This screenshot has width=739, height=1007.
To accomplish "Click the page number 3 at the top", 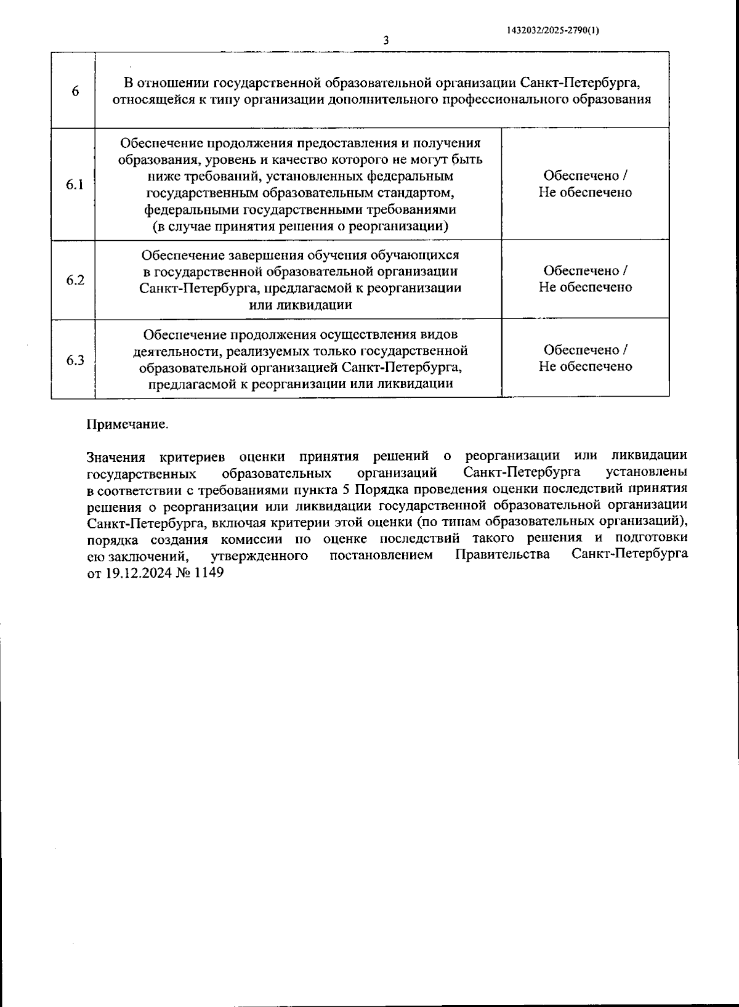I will [386, 41].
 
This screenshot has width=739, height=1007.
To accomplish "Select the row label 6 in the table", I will [75, 91].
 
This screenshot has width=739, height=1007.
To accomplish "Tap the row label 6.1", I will [75, 185].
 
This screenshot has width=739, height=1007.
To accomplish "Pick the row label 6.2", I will [75, 280].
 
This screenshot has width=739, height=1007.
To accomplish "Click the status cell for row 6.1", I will [585, 184].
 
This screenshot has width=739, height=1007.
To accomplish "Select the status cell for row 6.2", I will [585, 279].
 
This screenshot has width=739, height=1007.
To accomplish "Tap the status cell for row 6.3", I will [585, 358].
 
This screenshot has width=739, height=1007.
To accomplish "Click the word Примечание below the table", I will [127, 425].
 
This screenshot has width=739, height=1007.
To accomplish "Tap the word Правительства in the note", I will [502, 555].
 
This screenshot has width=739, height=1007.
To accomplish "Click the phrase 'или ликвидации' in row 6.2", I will [301, 305].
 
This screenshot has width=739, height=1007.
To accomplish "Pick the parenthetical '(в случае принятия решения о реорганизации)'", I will [301, 226].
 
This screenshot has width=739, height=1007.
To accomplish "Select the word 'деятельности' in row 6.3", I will [170, 351].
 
